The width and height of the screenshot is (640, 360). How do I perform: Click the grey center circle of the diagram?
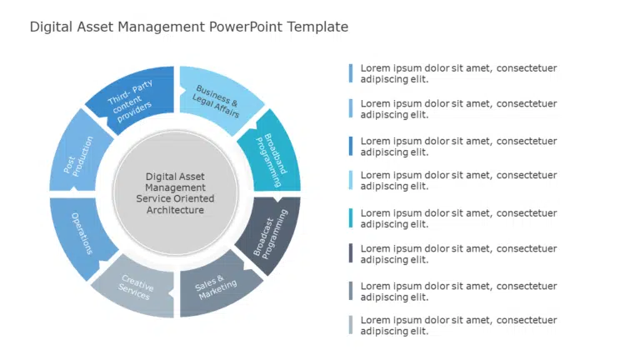(x=176, y=192)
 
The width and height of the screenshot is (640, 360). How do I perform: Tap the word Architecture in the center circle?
(x=175, y=210)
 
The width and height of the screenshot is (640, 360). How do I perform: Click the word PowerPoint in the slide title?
(x=246, y=27)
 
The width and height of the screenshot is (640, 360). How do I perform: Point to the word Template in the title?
(x=317, y=27)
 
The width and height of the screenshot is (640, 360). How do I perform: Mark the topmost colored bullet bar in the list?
(x=351, y=73)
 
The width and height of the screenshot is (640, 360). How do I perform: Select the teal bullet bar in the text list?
(x=351, y=218)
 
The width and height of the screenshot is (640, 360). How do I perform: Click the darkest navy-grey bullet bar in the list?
(x=351, y=253)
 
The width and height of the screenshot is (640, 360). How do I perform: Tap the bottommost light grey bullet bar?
(x=351, y=325)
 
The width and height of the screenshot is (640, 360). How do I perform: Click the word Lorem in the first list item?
(x=374, y=68)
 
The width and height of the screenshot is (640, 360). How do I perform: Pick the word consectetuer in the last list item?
(x=527, y=320)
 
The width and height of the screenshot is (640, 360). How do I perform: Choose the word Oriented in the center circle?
(x=194, y=198)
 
